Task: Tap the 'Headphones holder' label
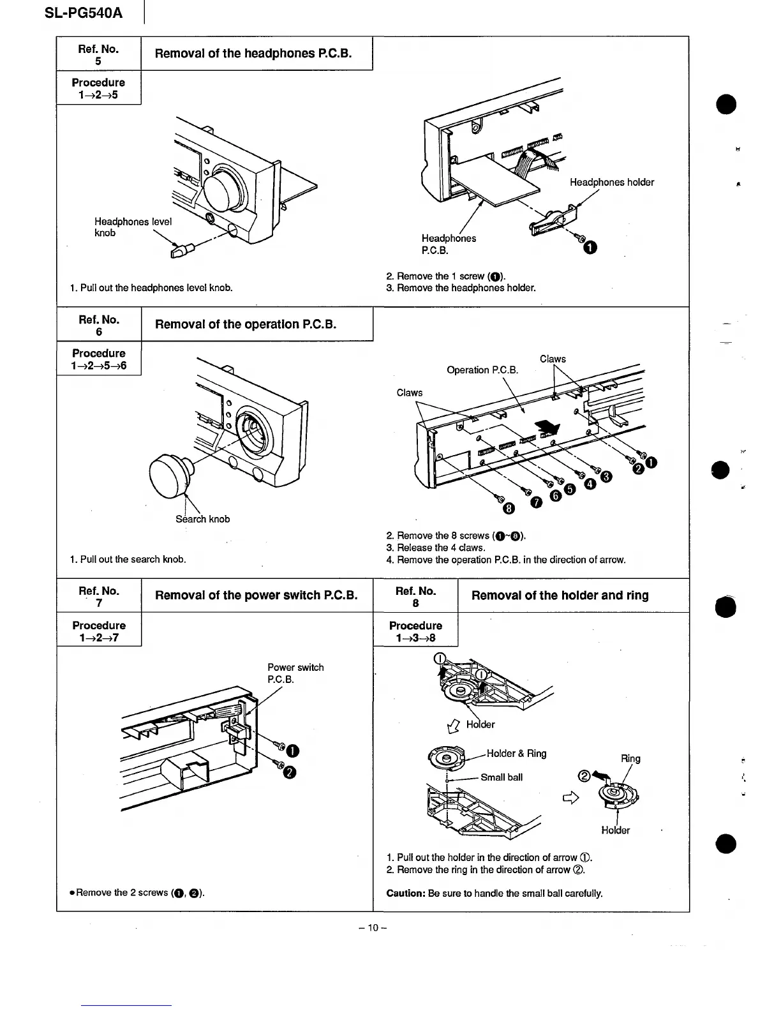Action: coord(611,183)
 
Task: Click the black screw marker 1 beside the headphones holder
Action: coord(590,248)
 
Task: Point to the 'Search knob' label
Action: coord(202,519)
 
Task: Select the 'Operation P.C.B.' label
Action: coord(482,370)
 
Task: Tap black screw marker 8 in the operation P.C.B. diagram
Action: coord(509,508)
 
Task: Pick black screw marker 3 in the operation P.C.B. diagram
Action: coord(606,476)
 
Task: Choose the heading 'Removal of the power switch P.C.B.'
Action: coord(256,595)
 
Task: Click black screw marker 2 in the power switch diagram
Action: coord(288,773)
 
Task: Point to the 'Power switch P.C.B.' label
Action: coord(295,673)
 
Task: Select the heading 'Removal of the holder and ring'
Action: coord(560,595)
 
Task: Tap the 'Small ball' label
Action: coord(501,777)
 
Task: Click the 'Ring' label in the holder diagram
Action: coord(630,759)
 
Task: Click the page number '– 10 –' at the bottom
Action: coord(373,927)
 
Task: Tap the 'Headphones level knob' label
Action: coord(132,227)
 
